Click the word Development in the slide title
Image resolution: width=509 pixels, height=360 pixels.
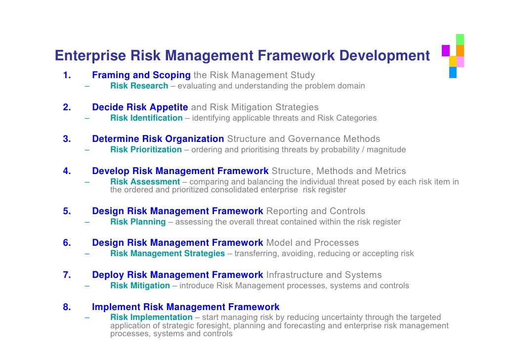tap(384, 56)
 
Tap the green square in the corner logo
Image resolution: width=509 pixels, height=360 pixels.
tap(460, 40)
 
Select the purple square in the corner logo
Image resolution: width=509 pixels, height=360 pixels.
tap(445, 50)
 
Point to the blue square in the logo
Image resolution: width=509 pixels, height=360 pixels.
tap(453, 73)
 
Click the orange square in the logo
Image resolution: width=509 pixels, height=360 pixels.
tap(460, 50)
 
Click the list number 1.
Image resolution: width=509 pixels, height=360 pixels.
tap(67, 76)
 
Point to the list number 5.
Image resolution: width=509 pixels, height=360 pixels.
tap(67, 211)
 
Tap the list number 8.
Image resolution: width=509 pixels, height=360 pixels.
tap(67, 307)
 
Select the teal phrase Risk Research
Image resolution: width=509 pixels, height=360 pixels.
tap(139, 86)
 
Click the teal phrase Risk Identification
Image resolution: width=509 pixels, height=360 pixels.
tap(146, 118)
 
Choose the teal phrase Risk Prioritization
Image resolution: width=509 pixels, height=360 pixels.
tap(146, 150)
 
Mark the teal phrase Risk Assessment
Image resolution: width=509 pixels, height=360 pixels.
tap(145, 182)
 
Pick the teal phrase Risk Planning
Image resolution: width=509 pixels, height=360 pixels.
tap(138, 222)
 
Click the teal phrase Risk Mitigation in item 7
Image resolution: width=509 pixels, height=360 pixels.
tap(140, 286)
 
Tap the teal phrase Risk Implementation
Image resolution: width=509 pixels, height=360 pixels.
tap(151, 317)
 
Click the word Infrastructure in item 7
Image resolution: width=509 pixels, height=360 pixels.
tap(294, 275)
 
